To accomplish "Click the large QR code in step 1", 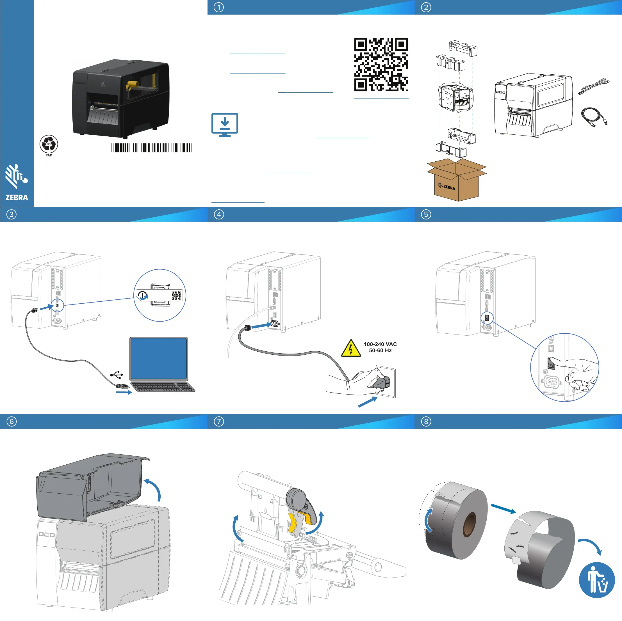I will pyautogui.click(x=381, y=65).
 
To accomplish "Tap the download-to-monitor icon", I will pyautogui.click(x=225, y=125).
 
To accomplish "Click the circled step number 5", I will pyautogui.click(x=426, y=214).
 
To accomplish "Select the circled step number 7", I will pyautogui.click(x=219, y=421).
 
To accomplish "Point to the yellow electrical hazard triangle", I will pyautogui.click(x=351, y=349).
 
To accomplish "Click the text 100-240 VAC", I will pyautogui.click(x=380, y=344).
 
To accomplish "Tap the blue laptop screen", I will pyautogui.click(x=159, y=358).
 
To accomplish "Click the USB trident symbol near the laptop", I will pyautogui.click(x=117, y=375).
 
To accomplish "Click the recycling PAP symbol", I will pyautogui.click(x=49, y=144).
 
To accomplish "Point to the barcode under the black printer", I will pyautogui.click(x=151, y=148).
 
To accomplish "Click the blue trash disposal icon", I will pyautogui.click(x=596, y=580).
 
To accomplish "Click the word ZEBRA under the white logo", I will pyautogui.click(x=17, y=198).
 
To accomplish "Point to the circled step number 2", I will pyautogui.click(x=426, y=7).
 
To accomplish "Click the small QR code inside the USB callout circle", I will pyautogui.click(x=176, y=295).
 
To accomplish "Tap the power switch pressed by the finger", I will pyautogui.click(x=551, y=364).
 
